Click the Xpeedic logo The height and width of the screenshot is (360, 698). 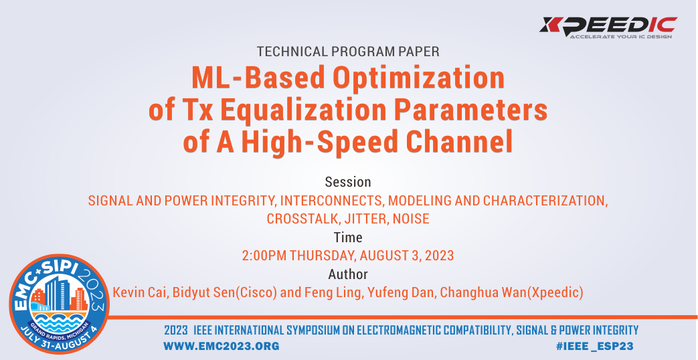[x=608, y=27]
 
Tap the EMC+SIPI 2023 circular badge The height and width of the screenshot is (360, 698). [x=59, y=304]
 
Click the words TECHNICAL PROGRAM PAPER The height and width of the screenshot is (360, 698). [x=348, y=52]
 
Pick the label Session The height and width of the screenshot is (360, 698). [x=348, y=182]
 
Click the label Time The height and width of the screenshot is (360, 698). [x=348, y=237]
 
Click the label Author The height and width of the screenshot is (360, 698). [x=348, y=274]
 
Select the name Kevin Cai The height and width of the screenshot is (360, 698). [x=140, y=292]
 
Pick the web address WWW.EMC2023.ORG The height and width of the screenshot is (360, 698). [x=222, y=346]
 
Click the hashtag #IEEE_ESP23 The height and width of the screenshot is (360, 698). [x=595, y=346]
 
